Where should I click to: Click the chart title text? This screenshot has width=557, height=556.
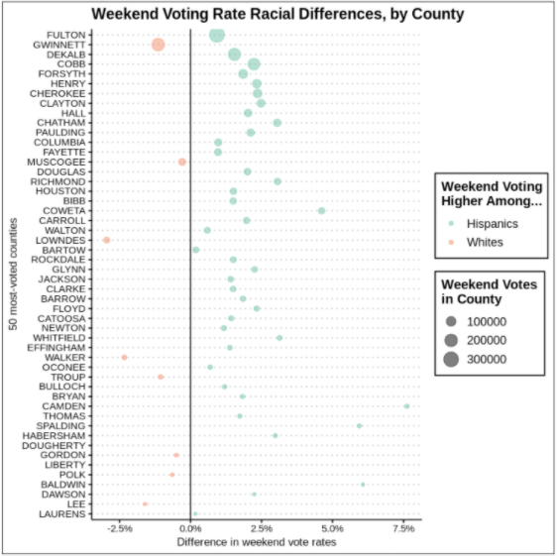point(278,14)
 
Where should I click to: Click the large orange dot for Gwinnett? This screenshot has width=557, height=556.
point(159,45)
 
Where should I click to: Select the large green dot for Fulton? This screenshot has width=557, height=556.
point(217,36)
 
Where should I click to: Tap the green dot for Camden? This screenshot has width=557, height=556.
point(406,406)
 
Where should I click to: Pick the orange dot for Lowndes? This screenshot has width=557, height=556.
point(106,240)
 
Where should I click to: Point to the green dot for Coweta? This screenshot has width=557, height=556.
point(321,211)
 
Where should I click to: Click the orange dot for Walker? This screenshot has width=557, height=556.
point(124,358)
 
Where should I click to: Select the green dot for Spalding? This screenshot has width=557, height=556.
point(360,426)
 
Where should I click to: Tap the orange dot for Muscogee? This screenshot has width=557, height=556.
point(181,162)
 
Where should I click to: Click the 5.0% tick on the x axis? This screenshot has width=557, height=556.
point(332,529)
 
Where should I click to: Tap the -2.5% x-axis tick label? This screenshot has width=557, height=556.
point(119,529)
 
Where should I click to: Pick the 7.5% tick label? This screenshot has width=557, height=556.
point(403,529)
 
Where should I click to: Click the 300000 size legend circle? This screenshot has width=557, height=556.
point(451,358)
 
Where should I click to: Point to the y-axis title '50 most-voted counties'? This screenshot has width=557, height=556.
point(11,273)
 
